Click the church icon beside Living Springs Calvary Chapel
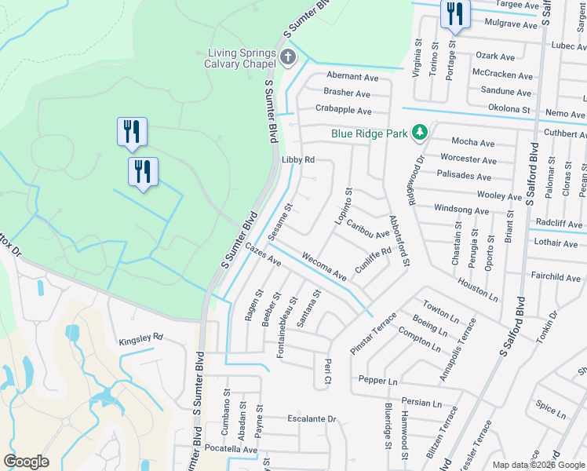pyautogui.click(x=288, y=56)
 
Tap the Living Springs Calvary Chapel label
pyautogui.click(x=242, y=59)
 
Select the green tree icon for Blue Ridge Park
pyautogui.click(x=420, y=133)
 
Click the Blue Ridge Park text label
pyautogui.click(x=370, y=133)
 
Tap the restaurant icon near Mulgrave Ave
pyautogui.click(x=454, y=14)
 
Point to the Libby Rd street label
pyautogui.click(x=297, y=159)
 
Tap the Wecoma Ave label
pyautogui.click(x=324, y=266)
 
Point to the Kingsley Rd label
pyautogui.click(x=140, y=337)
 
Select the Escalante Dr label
pyautogui.click(x=311, y=418)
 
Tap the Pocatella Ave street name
pyautogui.click(x=231, y=450)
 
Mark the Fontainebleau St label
pyautogui.click(x=287, y=327)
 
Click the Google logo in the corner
pyautogui.click(x=26, y=462)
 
